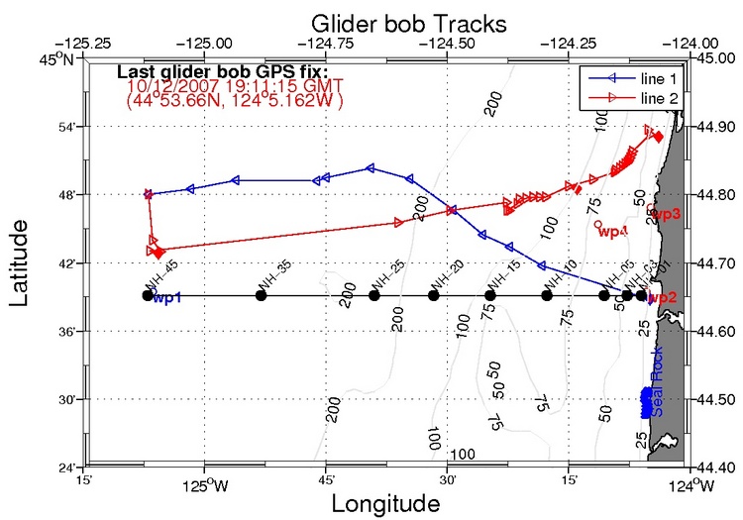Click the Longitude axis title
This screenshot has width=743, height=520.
pos(385,503)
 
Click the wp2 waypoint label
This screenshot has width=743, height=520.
pos(664,298)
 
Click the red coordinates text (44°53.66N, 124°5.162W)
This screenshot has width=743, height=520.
pos(234,100)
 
